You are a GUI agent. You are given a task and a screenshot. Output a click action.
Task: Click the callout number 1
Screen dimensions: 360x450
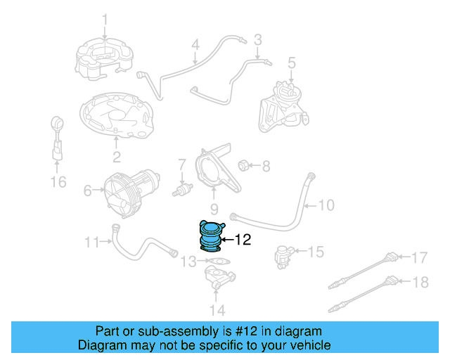(104, 19)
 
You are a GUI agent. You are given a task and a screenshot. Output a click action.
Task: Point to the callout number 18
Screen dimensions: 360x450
(419, 283)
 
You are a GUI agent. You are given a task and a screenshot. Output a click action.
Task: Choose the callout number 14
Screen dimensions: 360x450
(217, 309)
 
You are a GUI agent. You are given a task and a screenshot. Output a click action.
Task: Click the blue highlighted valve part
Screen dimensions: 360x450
(210, 237)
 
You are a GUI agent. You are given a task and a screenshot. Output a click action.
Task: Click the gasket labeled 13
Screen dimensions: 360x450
(218, 262)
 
